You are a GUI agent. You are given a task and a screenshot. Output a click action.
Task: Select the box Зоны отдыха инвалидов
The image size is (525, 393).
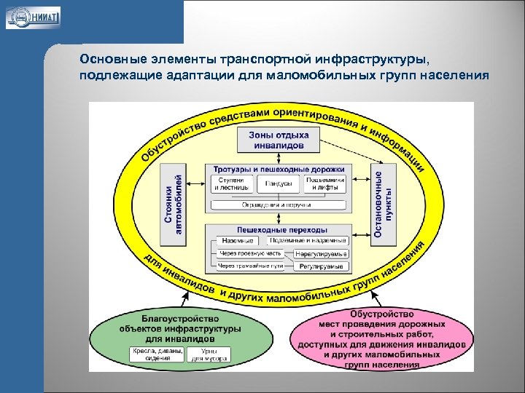(279, 140)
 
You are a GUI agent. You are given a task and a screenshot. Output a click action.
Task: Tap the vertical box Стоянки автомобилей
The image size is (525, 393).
(174, 203)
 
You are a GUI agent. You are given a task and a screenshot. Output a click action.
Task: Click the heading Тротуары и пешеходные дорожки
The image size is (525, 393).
(279, 170)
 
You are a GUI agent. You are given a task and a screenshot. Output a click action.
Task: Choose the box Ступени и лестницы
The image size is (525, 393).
(233, 183)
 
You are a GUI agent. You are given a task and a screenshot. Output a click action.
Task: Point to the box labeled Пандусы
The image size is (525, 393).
(279, 183)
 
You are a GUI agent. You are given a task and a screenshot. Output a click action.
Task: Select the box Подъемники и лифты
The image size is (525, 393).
(324, 183)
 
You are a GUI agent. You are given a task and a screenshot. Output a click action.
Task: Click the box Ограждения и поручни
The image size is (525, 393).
(279, 205)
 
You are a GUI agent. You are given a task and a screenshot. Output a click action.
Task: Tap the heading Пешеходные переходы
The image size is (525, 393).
(279, 229)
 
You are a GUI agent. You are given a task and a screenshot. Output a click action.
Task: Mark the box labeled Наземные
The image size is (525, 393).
(238, 241)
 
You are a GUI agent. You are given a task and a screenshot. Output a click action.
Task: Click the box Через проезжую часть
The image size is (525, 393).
(251, 254)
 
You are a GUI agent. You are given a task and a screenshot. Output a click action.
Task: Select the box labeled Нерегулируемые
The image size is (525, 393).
(321, 254)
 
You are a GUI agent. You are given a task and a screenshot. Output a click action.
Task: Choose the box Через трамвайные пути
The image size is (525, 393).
(251, 266)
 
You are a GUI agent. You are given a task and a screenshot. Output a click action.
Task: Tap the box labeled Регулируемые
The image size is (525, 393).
(321, 267)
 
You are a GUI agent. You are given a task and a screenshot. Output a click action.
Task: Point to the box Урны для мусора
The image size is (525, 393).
(209, 354)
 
